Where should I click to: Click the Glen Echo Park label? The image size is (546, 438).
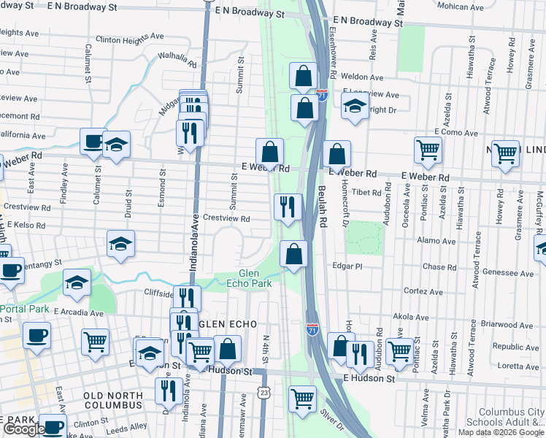pos(254,278)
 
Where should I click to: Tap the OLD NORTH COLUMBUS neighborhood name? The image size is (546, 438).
pos(112,400)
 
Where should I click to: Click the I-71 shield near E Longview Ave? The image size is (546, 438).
pos(322,96)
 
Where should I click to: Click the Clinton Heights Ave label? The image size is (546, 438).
pos(129,36)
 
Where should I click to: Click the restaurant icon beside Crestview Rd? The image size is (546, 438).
pos(288,206)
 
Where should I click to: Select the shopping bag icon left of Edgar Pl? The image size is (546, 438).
pos(293,254)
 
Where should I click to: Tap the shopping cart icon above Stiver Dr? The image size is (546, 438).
pos(302,399)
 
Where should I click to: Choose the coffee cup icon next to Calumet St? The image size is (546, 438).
pos(93,140)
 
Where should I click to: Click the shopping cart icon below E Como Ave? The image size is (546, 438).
pos(428,150)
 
